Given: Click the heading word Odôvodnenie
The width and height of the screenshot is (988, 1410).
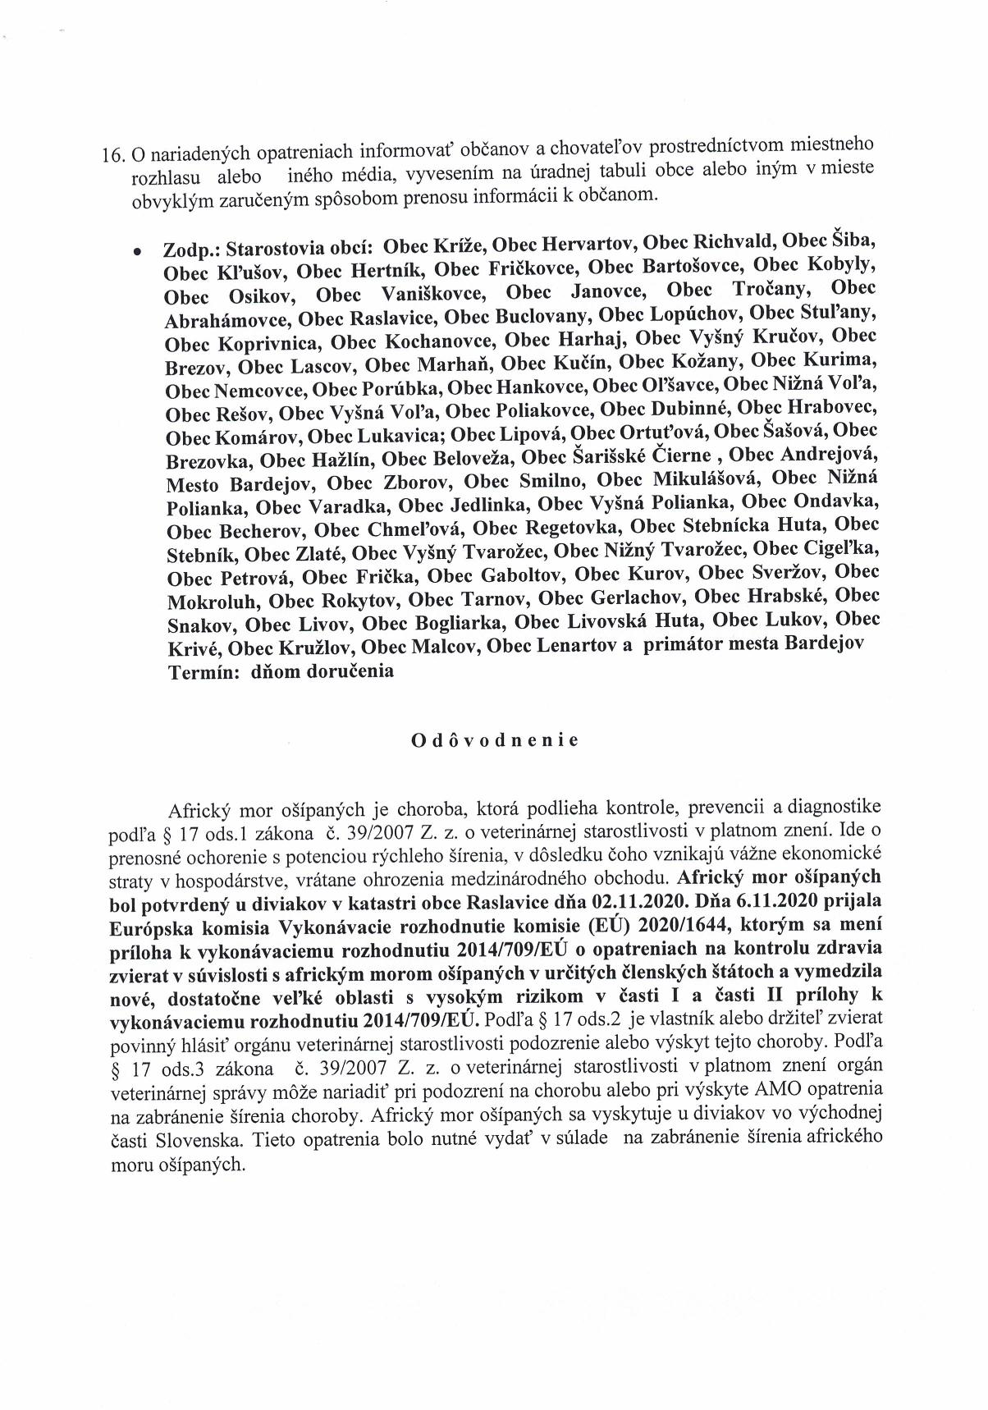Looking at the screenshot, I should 494,740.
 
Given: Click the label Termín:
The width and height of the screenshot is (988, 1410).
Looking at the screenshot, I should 203,670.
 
